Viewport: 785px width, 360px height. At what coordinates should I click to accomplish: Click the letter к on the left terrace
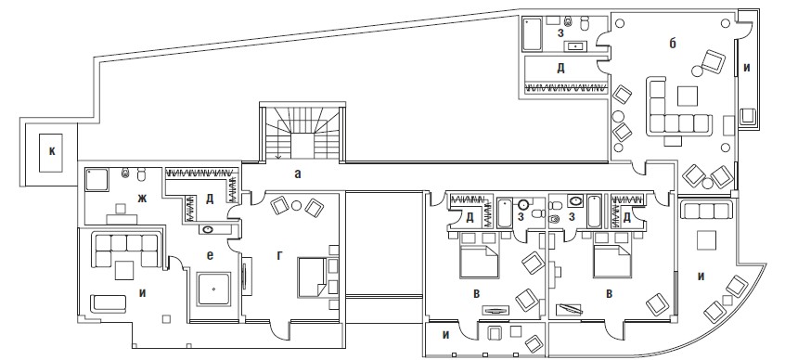[x=52, y=152]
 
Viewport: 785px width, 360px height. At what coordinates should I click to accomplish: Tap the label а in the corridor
[x=298, y=174]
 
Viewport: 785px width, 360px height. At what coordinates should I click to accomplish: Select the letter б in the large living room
[x=673, y=44]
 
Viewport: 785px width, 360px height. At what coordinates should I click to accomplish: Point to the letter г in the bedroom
[x=279, y=256]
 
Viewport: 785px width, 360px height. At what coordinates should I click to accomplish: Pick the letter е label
[x=210, y=255]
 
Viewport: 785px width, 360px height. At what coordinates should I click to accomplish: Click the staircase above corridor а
[x=302, y=134]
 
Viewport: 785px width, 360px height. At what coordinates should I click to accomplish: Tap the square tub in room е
[x=213, y=289]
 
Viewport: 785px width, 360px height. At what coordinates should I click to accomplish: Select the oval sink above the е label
[x=207, y=230]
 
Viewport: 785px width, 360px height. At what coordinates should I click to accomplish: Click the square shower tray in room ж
[x=97, y=180]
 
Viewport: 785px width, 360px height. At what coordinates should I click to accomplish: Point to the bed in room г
[x=313, y=276]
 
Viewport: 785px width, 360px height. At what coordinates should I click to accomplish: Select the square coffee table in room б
[x=688, y=96]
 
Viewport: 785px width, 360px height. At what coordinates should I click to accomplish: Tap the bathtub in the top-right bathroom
[x=533, y=34]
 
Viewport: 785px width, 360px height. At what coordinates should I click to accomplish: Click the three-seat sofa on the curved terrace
[x=708, y=211]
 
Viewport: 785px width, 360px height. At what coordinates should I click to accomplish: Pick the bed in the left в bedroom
[x=479, y=262]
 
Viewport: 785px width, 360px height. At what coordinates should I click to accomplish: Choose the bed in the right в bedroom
[x=612, y=262]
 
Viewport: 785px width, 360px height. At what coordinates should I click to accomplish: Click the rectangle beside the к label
[x=50, y=153]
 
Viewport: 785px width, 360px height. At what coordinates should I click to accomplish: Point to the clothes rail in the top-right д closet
[x=565, y=88]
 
